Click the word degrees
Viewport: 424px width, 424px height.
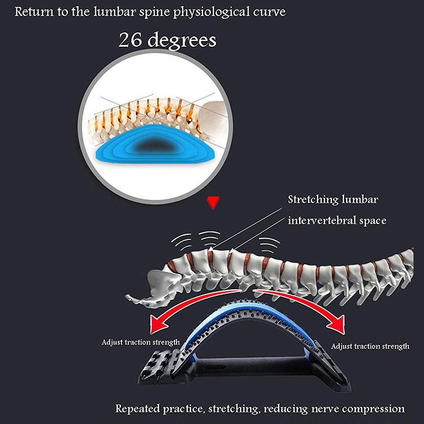tap(182, 40)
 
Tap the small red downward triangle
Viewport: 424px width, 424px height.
tap(214, 201)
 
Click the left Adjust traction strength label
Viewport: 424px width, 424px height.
tap(140, 342)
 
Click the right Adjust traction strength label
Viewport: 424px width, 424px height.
tap(370, 346)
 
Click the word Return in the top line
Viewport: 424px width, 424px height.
tap(31, 12)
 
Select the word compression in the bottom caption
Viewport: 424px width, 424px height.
tap(370, 409)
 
